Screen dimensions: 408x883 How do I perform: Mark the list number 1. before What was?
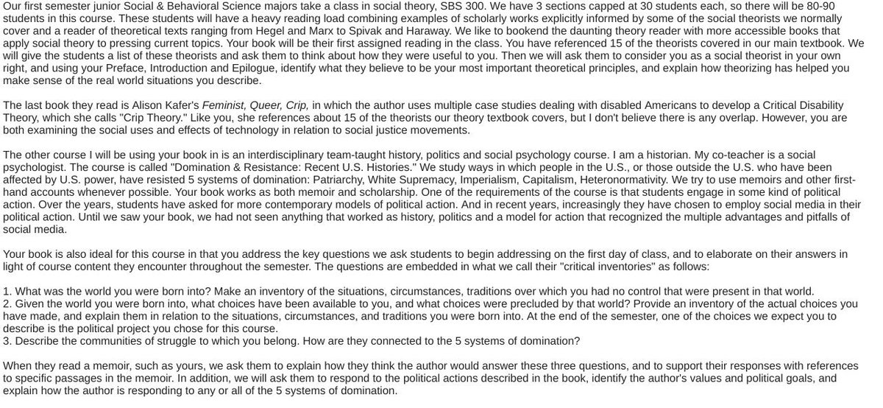7,291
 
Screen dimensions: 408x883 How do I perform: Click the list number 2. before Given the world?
7,303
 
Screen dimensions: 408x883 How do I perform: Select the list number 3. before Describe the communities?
7,340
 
